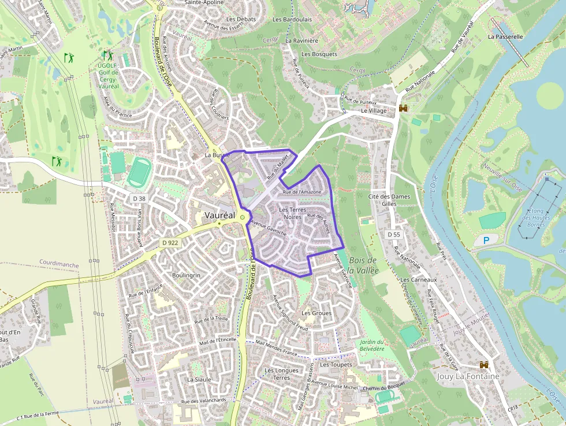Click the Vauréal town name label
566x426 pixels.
click(x=219, y=215)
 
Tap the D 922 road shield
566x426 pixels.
click(x=170, y=243)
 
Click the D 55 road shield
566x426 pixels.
click(x=393, y=234)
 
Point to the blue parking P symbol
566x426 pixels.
click(x=486, y=240)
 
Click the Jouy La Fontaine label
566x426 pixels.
click(x=468, y=376)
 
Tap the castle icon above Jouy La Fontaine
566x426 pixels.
click(x=484, y=365)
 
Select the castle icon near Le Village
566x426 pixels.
click(x=403, y=108)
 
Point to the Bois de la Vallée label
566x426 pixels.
click(x=363, y=265)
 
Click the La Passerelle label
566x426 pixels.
click(x=505, y=36)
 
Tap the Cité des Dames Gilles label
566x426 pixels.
click(x=389, y=200)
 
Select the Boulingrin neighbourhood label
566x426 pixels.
click(x=186, y=275)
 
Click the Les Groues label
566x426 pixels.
click(x=316, y=313)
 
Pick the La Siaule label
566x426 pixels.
click(x=199, y=379)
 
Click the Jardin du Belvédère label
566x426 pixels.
click(x=371, y=345)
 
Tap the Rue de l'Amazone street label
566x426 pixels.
click(x=301, y=191)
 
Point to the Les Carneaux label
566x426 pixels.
click(x=419, y=280)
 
